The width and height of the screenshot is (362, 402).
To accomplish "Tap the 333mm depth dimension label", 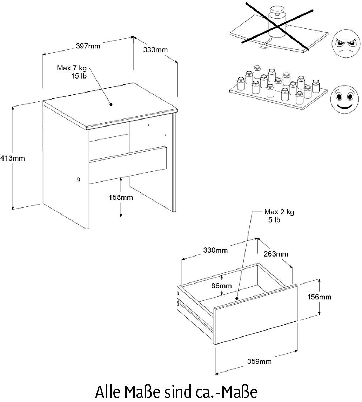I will tap(155, 50).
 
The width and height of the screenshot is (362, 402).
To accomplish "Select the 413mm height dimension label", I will tap(12, 158).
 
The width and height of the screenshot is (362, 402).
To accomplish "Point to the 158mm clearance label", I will tap(121, 197).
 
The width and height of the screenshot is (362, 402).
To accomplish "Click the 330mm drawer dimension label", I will tap(216, 250).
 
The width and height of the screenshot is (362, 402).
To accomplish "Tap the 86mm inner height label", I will tap(222, 286).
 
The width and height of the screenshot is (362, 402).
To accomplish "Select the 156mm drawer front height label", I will tap(319, 297).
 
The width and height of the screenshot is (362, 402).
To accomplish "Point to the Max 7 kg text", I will tap(72, 68).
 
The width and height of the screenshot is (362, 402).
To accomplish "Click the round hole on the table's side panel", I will tap(78, 179).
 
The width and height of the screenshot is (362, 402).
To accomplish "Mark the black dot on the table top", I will tap(110, 104).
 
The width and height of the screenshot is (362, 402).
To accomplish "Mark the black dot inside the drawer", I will tap(237, 299).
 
